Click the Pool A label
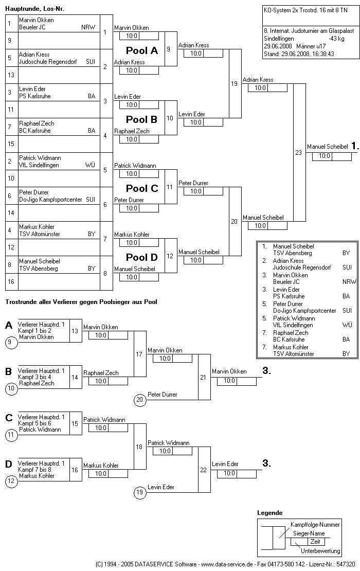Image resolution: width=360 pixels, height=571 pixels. point(142,50)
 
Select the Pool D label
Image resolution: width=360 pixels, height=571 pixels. point(142,257)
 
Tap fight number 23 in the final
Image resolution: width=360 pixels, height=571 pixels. point(299,152)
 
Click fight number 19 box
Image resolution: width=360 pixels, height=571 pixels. point(235,83)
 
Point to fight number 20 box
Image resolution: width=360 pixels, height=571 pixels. point(235,221)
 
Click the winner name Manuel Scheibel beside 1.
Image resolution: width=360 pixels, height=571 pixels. point(327,147)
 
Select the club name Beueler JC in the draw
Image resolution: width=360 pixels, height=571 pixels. point(32,27)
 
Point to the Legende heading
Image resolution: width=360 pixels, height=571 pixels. point(269,513)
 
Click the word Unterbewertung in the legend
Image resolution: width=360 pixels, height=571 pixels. point(320,551)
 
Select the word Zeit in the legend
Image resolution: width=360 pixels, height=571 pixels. point(315,542)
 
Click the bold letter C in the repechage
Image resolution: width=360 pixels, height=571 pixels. point(9,418)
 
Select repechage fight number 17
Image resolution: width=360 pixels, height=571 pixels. point(139,354)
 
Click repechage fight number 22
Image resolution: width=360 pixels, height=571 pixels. point(204,469)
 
